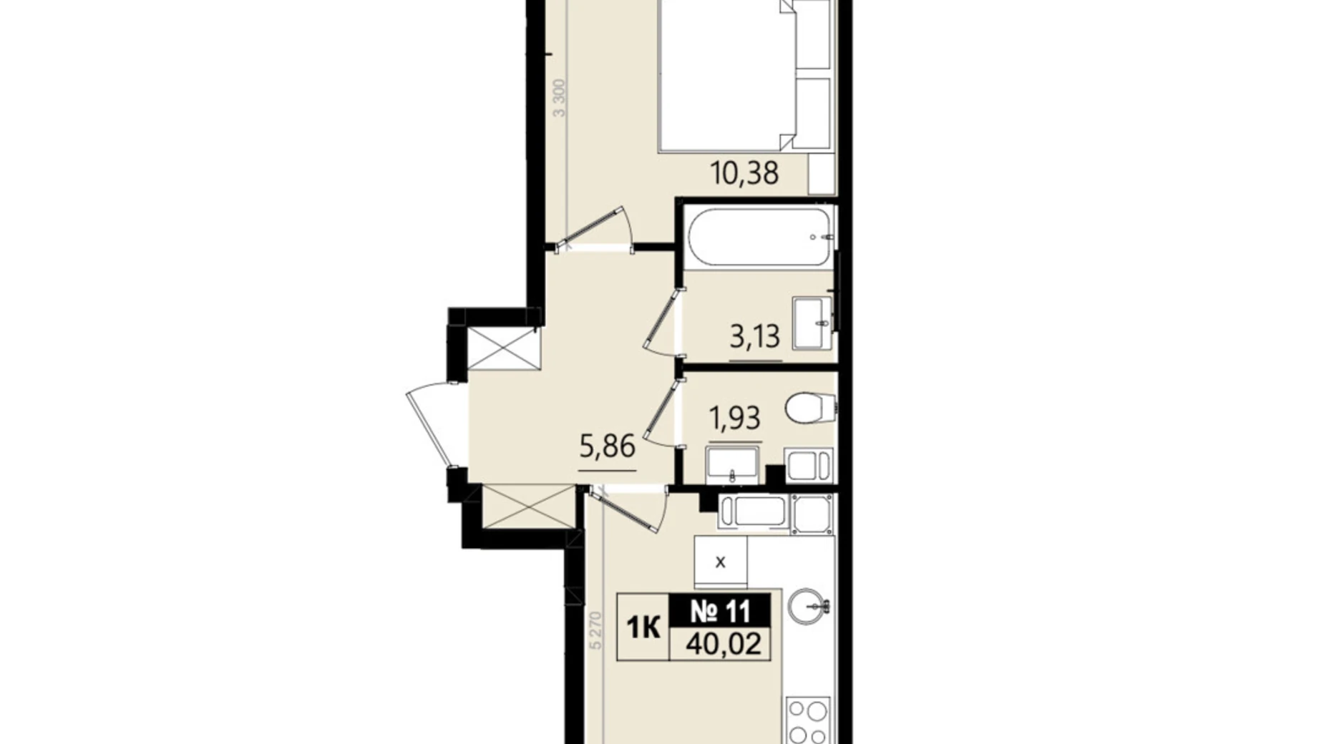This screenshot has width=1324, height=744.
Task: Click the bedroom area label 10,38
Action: [x=744, y=173]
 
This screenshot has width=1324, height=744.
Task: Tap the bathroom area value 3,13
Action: [x=754, y=336]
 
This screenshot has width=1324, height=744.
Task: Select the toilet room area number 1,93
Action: [x=734, y=418]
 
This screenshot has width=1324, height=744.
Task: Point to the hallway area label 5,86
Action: [x=607, y=447]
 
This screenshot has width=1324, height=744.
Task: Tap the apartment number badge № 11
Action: [x=721, y=612]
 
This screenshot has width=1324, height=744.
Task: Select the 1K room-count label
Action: [x=643, y=627]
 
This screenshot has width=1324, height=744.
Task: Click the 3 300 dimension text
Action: [x=560, y=99]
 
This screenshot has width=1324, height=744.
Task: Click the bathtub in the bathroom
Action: [x=760, y=238]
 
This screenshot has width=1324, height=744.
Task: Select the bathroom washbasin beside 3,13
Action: [x=812, y=324]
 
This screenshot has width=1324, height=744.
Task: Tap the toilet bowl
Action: [x=811, y=408]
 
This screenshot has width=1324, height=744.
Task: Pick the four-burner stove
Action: [x=809, y=722]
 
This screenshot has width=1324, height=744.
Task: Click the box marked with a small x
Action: [x=721, y=562]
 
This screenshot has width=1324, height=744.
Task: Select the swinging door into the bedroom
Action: [x=593, y=227]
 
